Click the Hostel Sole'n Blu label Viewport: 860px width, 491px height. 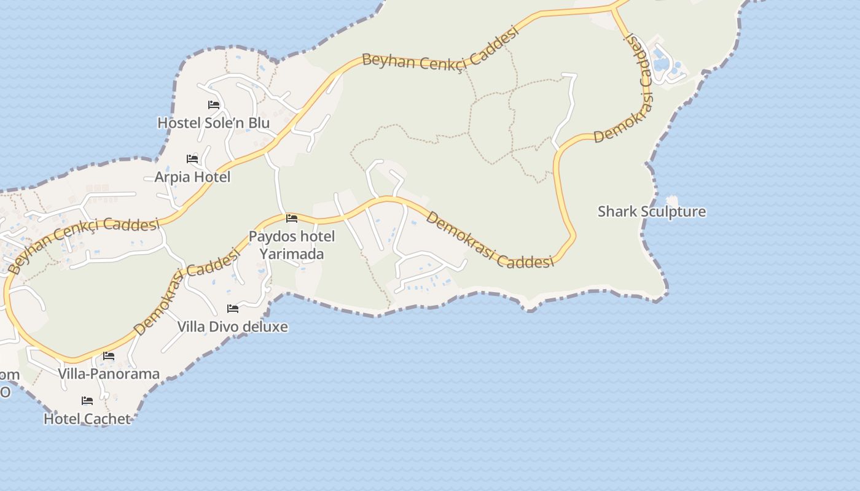pyautogui.click(x=213, y=123)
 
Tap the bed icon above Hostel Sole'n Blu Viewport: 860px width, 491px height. pyautogui.click(x=214, y=105)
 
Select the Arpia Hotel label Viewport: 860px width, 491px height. pyautogui.click(x=192, y=177)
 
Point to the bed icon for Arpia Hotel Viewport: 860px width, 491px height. pyautogui.click(x=192, y=159)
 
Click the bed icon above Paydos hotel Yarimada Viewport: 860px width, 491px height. pyautogui.click(x=292, y=218)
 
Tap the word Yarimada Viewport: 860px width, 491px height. pyautogui.click(x=291, y=253)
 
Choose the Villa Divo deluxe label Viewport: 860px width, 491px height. pyautogui.click(x=232, y=327)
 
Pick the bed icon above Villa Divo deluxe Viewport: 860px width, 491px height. pyautogui.click(x=232, y=308)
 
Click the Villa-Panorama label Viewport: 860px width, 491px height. pyautogui.click(x=109, y=373)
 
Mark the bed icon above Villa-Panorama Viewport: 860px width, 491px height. pyautogui.click(x=109, y=355)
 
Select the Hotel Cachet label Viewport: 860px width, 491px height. pyautogui.click(x=87, y=419)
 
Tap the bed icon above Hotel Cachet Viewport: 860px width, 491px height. pyautogui.click(x=87, y=401)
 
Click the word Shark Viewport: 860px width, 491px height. pyautogui.click(x=617, y=212)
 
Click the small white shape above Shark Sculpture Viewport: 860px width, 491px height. pyautogui.click(x=672, y=200)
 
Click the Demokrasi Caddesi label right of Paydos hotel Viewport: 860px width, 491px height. pyautogui.click(x=490, y=241)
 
